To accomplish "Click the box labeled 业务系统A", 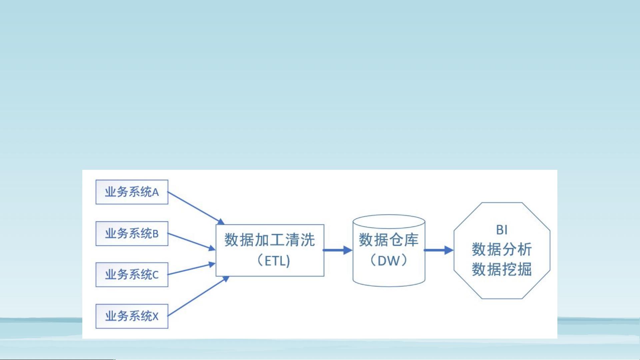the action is [132, 192].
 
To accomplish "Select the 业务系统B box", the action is [132, 233].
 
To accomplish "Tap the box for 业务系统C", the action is [132, 275].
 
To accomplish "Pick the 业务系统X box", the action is [132, 316].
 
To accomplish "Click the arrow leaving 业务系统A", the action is [196, 208].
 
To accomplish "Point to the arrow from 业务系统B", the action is [191, 242].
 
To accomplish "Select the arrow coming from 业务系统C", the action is [191, 269].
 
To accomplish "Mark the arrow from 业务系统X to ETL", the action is [198, 296].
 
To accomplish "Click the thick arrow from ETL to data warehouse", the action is [338, 250].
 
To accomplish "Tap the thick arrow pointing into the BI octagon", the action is [438, 250].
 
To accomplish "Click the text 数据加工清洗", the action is [270, 240].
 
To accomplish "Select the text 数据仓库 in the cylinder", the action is [388, 240].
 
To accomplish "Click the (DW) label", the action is [388, 260].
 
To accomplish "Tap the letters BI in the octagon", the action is [502, 230].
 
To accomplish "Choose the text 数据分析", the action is [502, 249].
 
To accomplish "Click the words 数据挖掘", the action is [502, 269].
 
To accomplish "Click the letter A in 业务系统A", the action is [155, 192].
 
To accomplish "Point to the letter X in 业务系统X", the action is [155, 316].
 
